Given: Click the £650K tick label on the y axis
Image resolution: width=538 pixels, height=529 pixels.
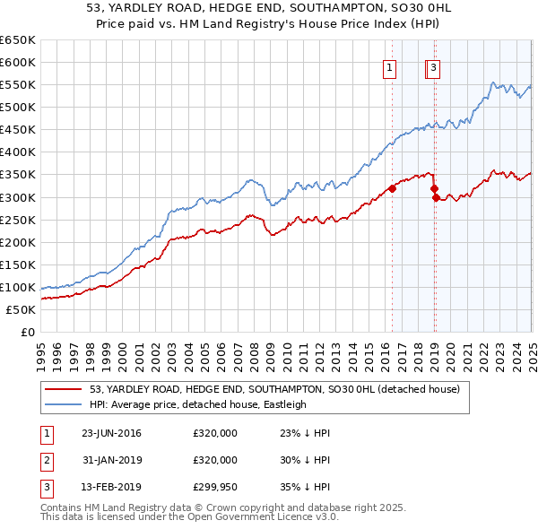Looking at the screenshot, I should [18, 40].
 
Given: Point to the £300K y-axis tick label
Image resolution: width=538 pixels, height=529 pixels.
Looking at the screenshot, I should [18, 197].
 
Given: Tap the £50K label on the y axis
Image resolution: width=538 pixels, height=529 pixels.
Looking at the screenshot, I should [22, 309].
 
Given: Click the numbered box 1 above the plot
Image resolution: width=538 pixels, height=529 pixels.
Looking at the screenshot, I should [391, 66].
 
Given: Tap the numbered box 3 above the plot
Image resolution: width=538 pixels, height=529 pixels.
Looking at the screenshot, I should [433, 66].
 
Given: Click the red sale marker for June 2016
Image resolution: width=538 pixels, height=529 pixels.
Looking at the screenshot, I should [392, 188].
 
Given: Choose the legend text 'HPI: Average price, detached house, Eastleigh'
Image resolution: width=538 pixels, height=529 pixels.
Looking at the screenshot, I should [198, 404].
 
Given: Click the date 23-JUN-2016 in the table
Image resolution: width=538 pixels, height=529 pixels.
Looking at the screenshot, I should [111, 433].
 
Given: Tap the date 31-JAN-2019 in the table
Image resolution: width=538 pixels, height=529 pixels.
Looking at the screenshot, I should [111, 460].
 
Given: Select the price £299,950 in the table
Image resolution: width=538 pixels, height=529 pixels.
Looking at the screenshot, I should [215, 487].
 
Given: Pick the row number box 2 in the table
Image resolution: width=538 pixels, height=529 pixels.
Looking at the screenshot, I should [46, 460].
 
